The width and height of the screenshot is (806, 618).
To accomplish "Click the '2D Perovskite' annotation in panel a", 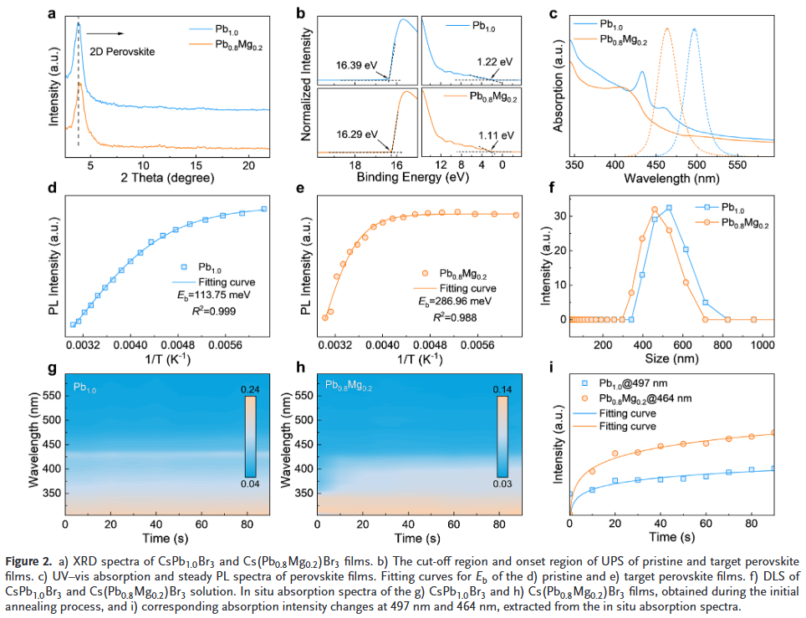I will pos(122,51).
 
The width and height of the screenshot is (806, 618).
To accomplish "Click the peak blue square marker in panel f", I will pos(669,207).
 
